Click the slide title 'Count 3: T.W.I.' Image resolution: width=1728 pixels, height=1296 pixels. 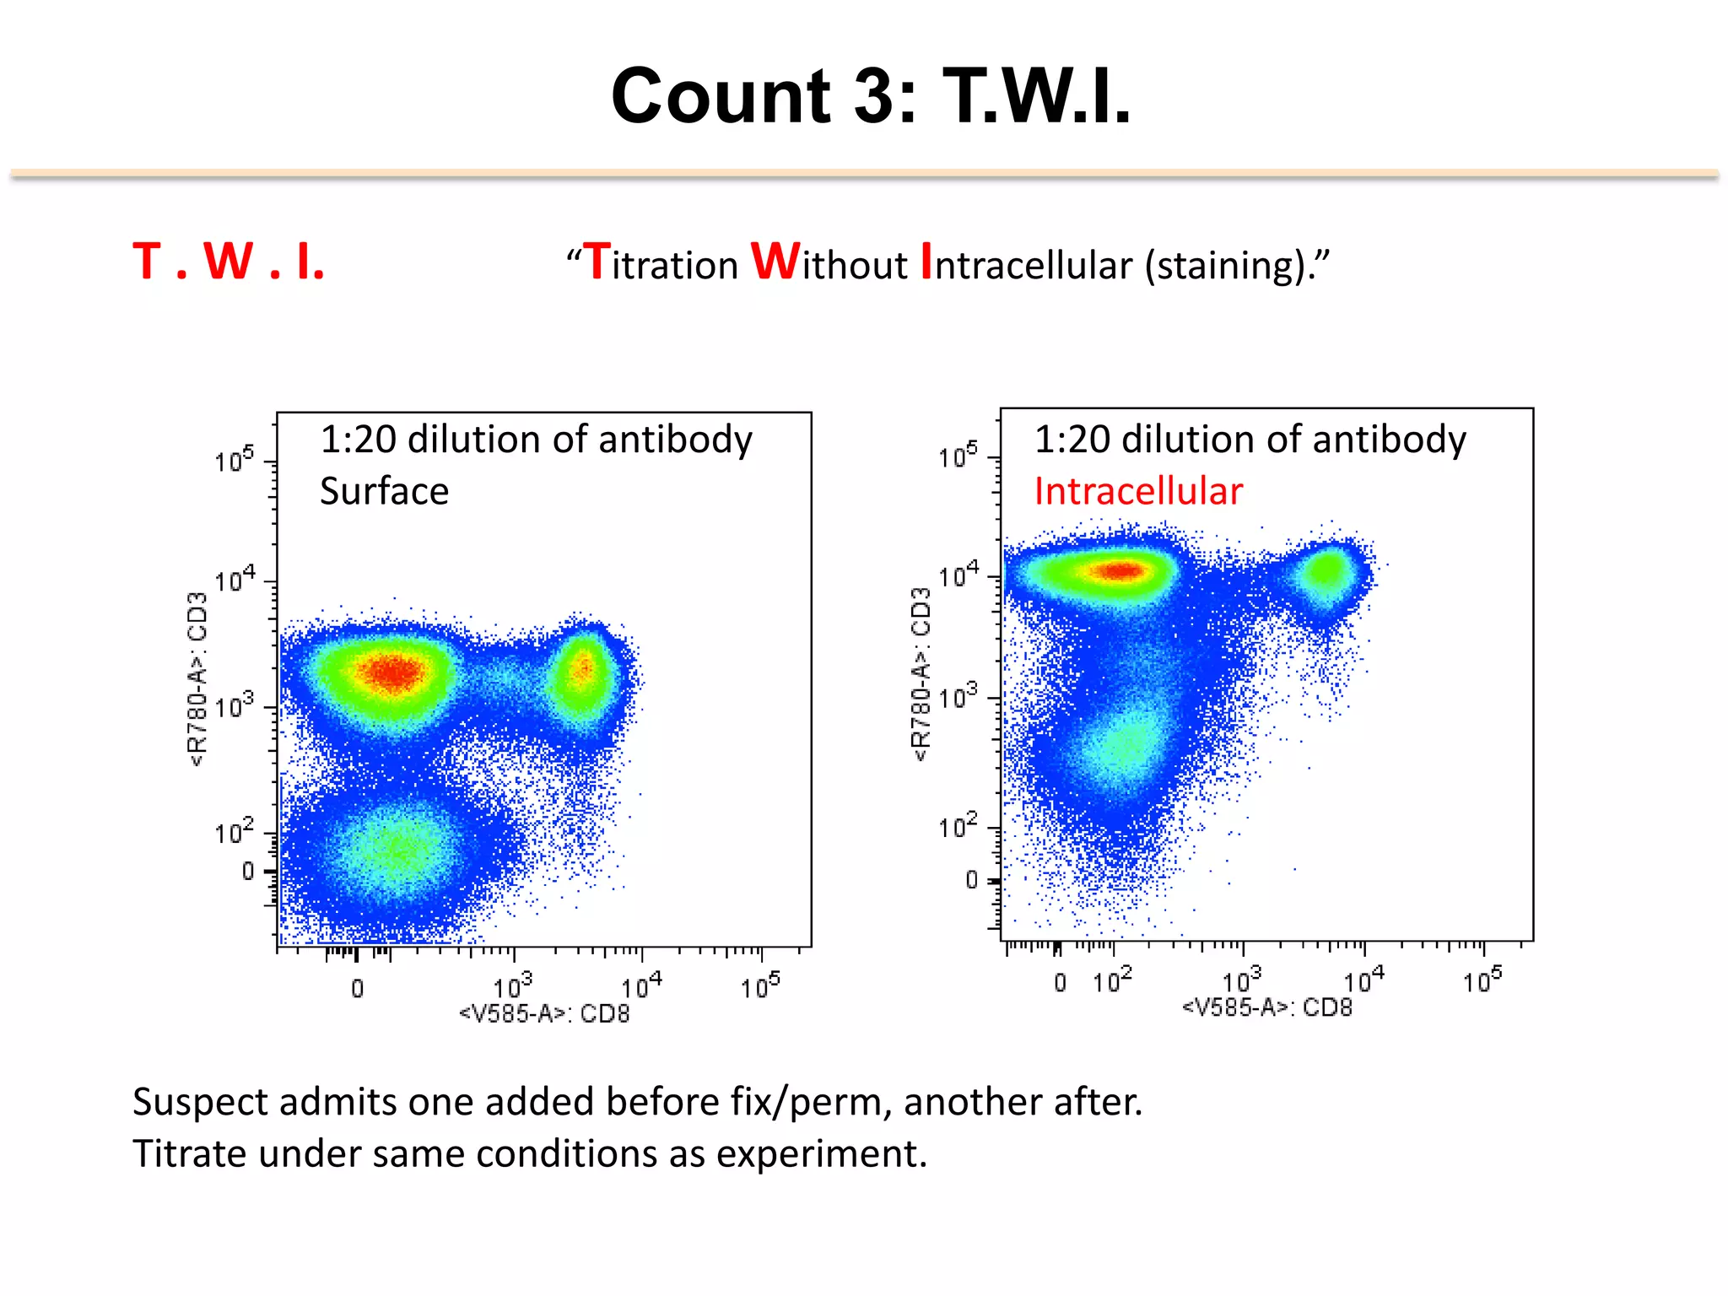[x=870, y=96]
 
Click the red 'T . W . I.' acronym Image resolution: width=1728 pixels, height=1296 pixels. [x=229, y=262]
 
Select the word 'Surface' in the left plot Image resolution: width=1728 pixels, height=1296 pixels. [x=384, y=491]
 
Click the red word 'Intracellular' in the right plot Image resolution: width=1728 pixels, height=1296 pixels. [x=1138, y=491]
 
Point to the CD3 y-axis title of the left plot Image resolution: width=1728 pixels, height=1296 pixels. [x=197, y=678]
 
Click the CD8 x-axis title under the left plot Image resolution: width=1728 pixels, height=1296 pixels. [x=544, y=1013]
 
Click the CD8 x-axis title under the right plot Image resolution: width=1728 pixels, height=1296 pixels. [x=1266, y=1007]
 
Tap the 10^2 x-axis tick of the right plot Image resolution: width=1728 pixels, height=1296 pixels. [x=1112, y=981]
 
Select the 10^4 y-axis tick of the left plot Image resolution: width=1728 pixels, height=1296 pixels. [x=234, y=580]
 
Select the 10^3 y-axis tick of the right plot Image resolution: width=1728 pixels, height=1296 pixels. [x=958, y=697]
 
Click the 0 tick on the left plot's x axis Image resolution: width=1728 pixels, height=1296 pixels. [x=358, y=988]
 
